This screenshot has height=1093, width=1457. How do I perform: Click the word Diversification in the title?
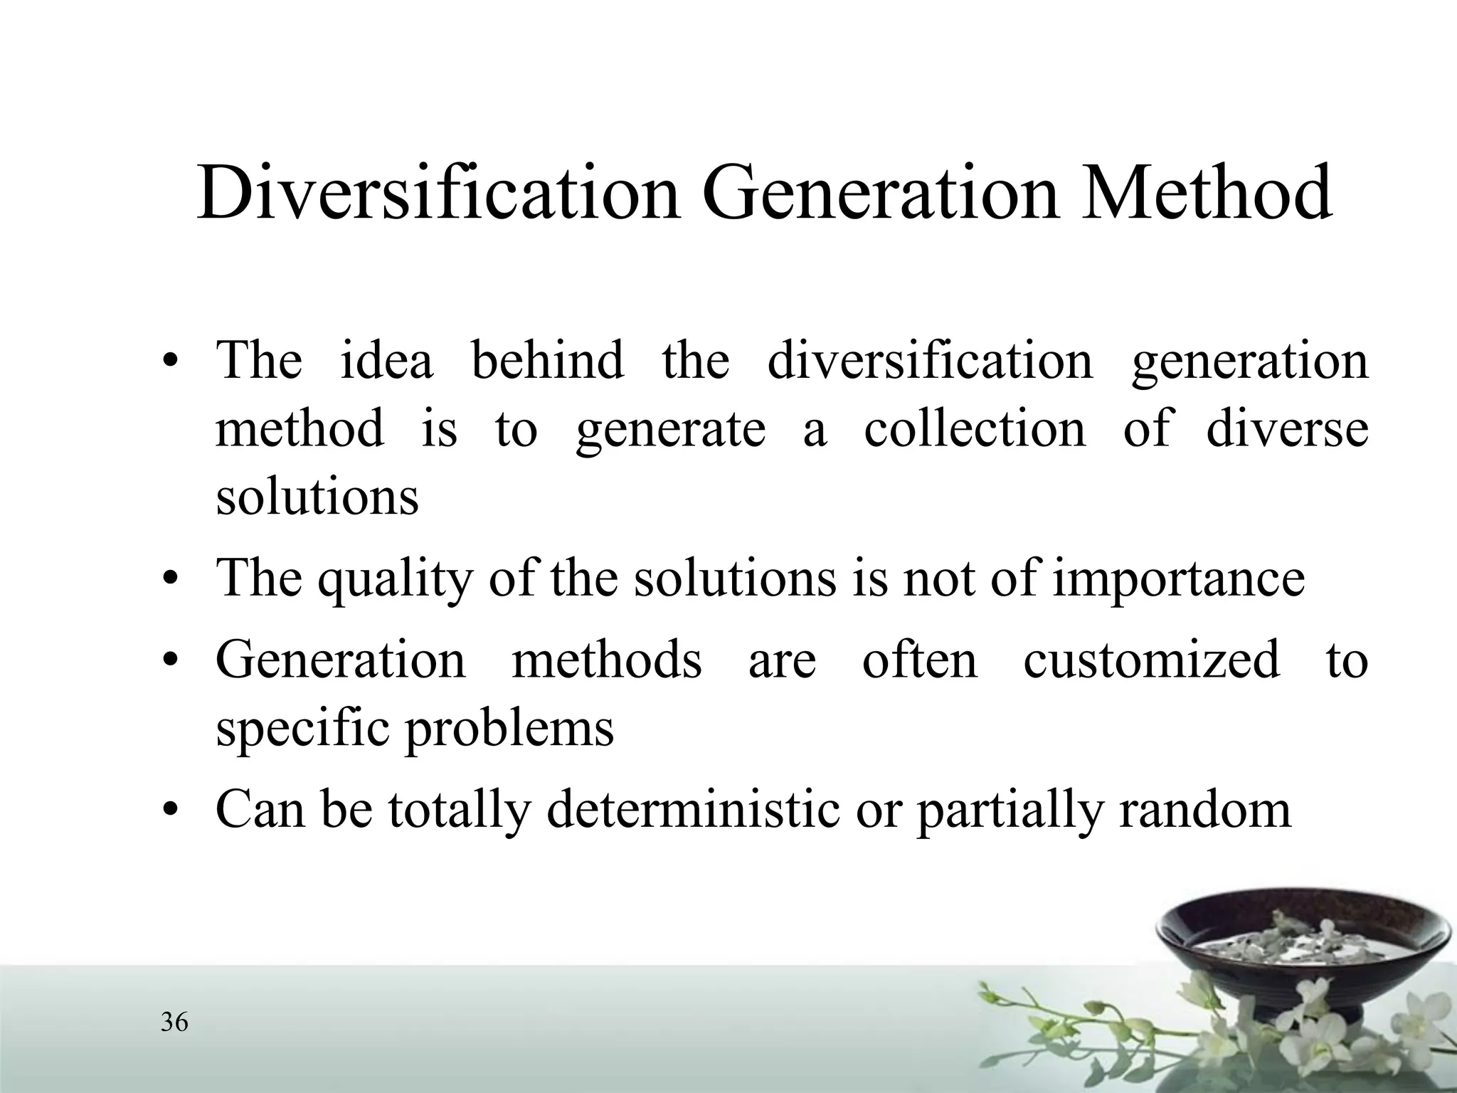click(438, 194)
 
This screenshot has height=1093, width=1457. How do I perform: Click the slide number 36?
click(174, 1023)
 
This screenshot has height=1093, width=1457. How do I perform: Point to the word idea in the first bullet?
click(386, 360)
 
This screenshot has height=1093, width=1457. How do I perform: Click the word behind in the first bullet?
click(547, 360)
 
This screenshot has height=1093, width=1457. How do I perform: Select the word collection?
click(975, 429)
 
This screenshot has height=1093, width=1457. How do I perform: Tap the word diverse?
click(1287, 429)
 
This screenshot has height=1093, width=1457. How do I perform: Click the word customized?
click(1151, 660)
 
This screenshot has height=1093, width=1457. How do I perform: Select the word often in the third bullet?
click(920, 660)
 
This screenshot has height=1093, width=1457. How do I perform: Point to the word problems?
click(509, 729)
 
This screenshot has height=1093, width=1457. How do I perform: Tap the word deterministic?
click(693, 810)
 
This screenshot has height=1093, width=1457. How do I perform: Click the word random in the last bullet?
click(1204, 810)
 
